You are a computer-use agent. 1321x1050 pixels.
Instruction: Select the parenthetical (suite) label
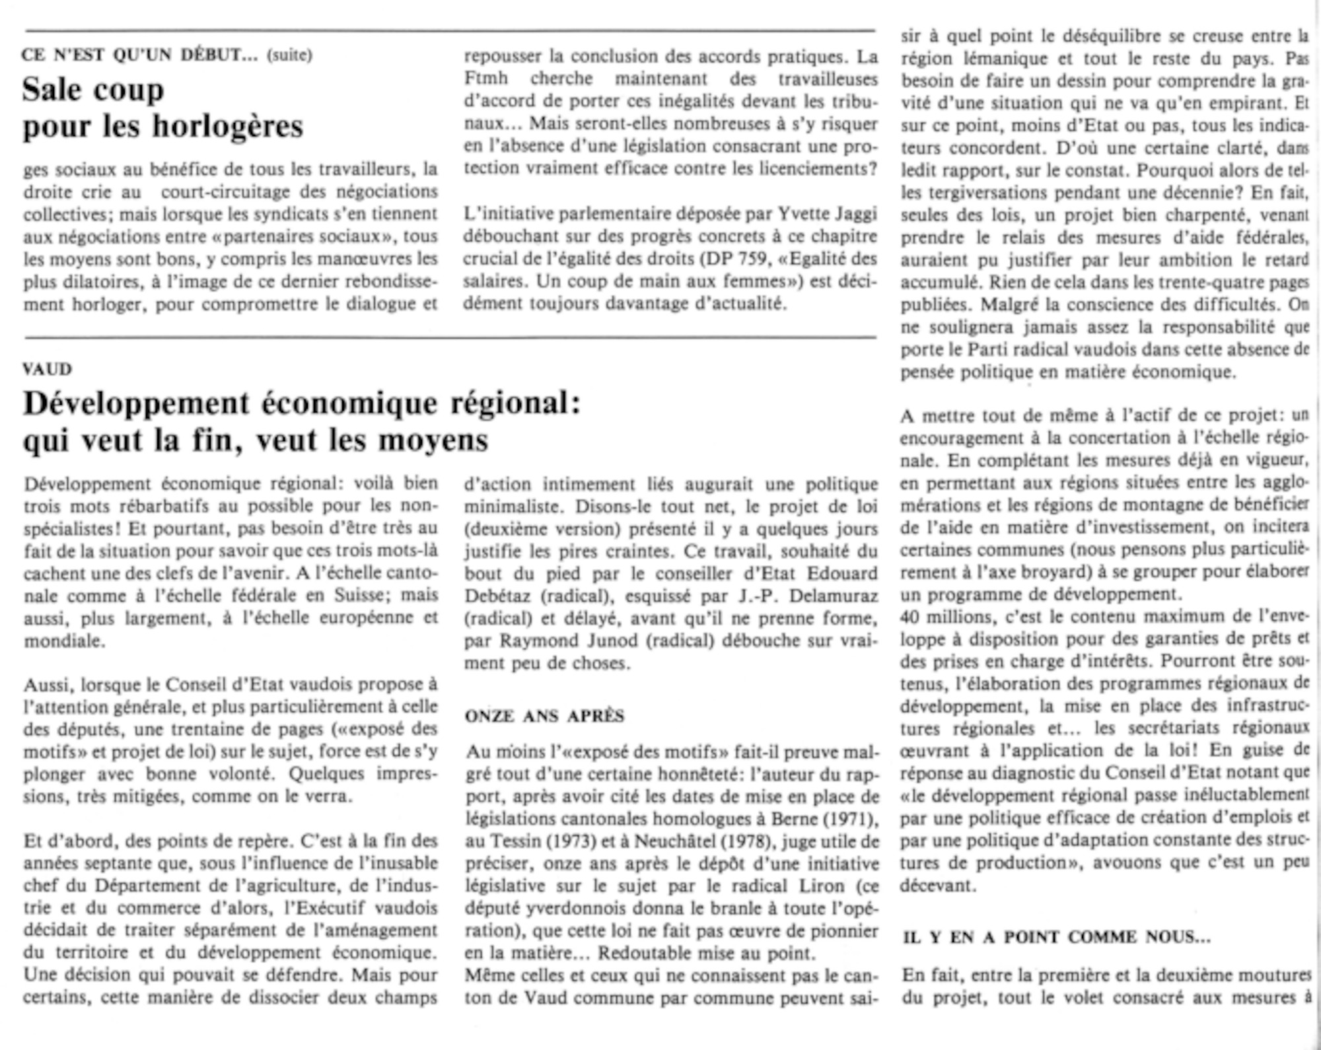(x=289, y=55)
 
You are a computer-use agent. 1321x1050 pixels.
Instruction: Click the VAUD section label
(x=47, y=368)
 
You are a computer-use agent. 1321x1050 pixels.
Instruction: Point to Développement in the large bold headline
(x=136, y=403)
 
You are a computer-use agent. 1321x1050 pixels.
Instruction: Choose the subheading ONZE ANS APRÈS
(x=544, y=717)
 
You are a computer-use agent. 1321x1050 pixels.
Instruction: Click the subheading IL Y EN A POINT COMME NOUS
(x=1056, y=937)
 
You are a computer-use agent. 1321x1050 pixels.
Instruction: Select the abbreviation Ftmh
(x=486, y=79)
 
